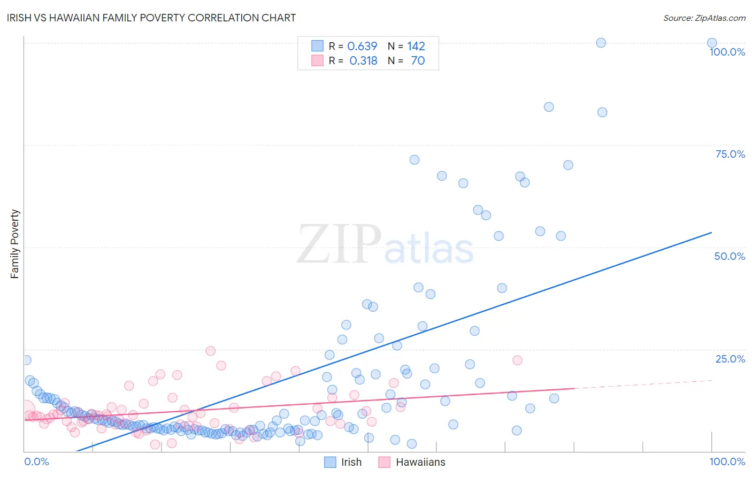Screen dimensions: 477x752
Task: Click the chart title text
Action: (x=151, y=18)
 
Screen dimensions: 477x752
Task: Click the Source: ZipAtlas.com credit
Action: (x=704, y=18)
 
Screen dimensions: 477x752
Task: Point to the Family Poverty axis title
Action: (x=15, y=243)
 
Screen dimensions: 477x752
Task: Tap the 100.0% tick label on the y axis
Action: (x=727, y=52)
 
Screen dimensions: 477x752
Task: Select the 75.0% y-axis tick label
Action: (x=730, y=154)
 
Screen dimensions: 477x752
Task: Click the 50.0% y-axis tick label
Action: (x=730, y=256)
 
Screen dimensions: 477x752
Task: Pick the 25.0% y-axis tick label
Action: (x=730, y=358)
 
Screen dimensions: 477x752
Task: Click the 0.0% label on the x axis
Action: (x=36, y=461)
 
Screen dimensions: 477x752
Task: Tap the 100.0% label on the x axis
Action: (x=727, y=461)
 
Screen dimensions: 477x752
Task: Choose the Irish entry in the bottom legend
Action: (x=351, y=462)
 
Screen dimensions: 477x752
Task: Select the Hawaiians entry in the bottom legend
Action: (x=420, y=462)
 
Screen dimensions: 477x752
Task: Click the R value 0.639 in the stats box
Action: (x=362, y=46)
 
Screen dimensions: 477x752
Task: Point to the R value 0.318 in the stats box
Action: (x=363, y=60)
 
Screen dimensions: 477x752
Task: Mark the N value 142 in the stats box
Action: (x=416, y=46)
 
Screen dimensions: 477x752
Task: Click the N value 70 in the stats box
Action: (x=418, y=60)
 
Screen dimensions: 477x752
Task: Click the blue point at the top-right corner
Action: (x=712, y=43)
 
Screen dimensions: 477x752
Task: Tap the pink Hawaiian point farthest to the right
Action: (x=517, y=360)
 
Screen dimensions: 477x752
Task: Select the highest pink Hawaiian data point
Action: (x=211, y=351)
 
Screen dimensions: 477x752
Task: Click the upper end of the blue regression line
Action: (x=711, y=233)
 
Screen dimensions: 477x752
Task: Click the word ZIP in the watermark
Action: (x=339, y=244)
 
